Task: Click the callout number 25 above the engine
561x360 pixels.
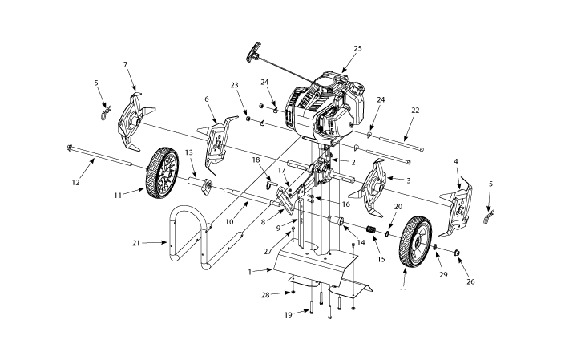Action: [x=357, y=49]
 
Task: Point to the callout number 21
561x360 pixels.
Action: [x=136, y=241]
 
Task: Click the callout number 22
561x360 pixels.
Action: [x=414, y=110]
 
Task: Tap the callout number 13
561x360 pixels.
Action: [x=189, y=152]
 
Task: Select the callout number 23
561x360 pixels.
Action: [x=234, y=84]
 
